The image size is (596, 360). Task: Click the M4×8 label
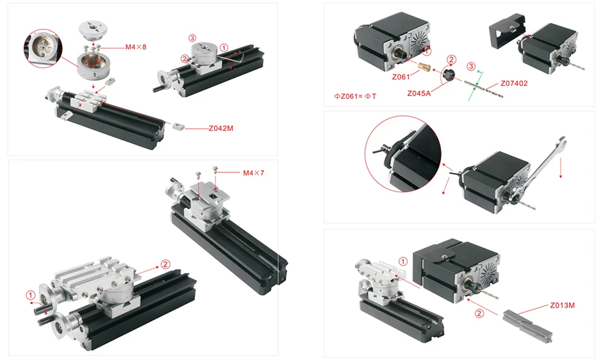136,47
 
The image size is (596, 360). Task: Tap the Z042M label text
221,128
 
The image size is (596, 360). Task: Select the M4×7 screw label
254,173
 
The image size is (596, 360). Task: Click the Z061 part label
401,77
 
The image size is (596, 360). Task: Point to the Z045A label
419,94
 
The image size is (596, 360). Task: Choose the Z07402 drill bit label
514,83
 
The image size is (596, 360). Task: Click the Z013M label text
562,305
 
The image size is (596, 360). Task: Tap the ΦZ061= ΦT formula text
355,96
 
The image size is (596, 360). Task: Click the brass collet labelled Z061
424,67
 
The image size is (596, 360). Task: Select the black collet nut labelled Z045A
449,74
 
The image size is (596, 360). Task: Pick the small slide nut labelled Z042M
178,126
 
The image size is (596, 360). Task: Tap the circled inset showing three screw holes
42,49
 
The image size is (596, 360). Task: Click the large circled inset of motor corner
403,154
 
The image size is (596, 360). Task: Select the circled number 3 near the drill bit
471,67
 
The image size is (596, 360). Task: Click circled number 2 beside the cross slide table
165,265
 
